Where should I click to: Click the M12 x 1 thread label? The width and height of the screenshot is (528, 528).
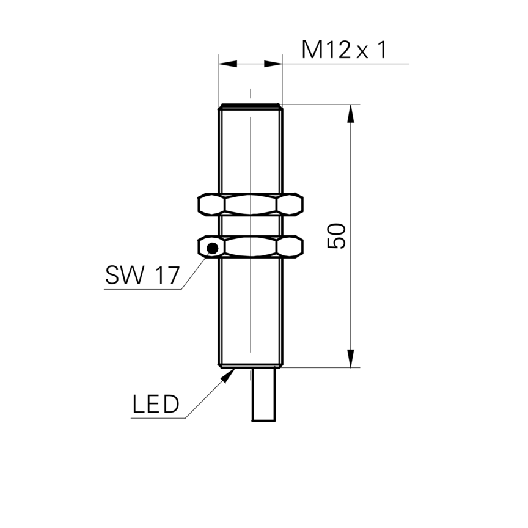coord(344,50)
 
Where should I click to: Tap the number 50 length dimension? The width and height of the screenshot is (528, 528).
coord(336,236)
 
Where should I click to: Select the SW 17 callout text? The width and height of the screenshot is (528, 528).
coord(142,275)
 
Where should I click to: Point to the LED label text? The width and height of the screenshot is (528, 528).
coord(156,404)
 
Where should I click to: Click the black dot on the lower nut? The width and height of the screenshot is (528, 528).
coord(213,249)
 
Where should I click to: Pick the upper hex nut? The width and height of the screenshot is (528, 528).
coord(251,204)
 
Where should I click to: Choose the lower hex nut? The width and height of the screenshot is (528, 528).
coord(251,247)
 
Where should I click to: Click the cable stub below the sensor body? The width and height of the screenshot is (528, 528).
coord(263,394)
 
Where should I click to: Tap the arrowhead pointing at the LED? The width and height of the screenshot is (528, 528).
coord(228,375)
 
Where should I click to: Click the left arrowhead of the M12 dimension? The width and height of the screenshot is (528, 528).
coord(228,64)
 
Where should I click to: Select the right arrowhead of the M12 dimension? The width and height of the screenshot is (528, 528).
coord(273,64)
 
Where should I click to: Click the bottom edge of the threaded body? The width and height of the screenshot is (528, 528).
coord(251,367)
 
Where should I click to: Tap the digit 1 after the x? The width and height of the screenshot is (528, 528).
coord(383,50)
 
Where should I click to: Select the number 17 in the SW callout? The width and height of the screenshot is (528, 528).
coord(167,275)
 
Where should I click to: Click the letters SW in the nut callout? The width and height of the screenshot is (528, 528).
coord(125,275)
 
